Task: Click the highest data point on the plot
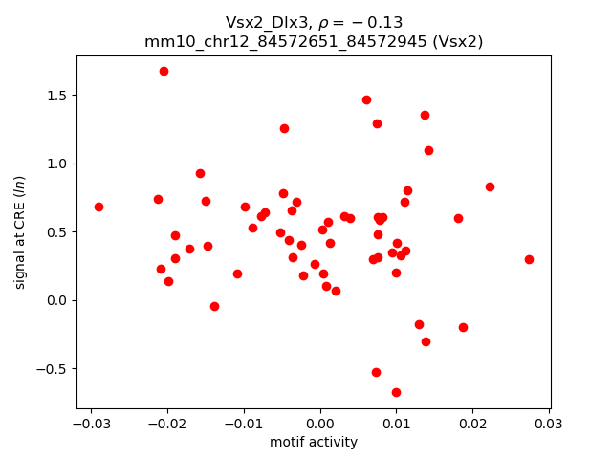[164, 71]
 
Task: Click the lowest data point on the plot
[396, 392]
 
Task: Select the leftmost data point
[98, 207]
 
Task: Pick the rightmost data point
[529, 259]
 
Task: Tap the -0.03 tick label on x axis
[90, 424]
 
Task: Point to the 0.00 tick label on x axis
[320, 424]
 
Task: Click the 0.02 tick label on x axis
[472, 424]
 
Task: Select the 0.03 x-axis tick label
[549, 424]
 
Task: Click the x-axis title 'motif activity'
[314, 442]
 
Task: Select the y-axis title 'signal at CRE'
[20, 231]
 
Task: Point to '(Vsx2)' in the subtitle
[465, 41]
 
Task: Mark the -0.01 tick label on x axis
[243, 424]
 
